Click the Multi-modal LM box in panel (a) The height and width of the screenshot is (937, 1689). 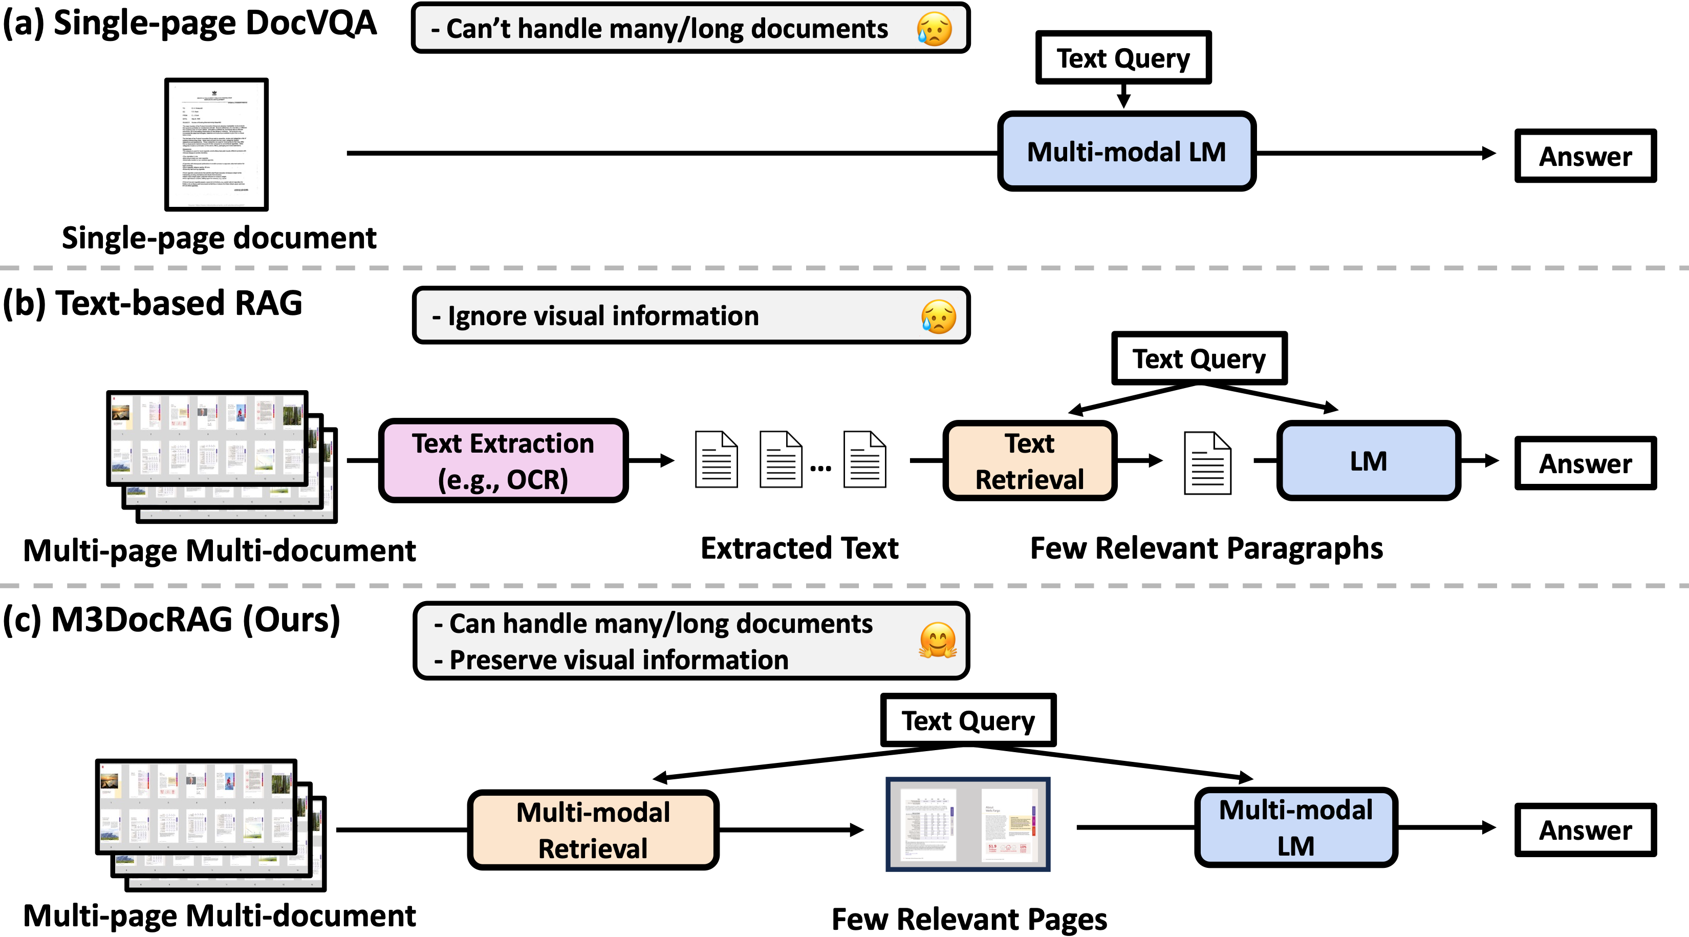click(x=1126, y=152)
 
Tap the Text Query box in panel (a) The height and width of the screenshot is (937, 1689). click(x=1122, y=58)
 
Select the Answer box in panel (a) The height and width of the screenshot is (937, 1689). click(x=1585, y=156)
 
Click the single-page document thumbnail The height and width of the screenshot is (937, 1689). click(x=216, y=144)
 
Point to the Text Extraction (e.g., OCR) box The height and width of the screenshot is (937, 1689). click(x=503, y=461)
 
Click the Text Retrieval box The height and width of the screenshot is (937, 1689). click(x=1029, y=461)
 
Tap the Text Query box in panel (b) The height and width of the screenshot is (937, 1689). click(x=1199, y=358)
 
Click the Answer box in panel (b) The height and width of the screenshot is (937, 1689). click(x=1585, y=463)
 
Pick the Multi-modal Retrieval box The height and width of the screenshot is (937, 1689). click(x=593, y=829)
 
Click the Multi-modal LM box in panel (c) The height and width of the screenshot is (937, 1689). click(x=1295, y=827)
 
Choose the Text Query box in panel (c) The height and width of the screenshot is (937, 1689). click(x=968, y=720)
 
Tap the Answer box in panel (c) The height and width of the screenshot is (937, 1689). click(x=1585, y=829)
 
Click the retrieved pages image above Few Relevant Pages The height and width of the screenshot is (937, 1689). click(x=968, y=824)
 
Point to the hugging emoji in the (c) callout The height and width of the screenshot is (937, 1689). click(x=938, y=640)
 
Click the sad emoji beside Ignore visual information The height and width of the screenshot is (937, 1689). click(x=938, y=317)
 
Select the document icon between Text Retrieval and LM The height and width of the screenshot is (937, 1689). click(x=1207, y=463)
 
